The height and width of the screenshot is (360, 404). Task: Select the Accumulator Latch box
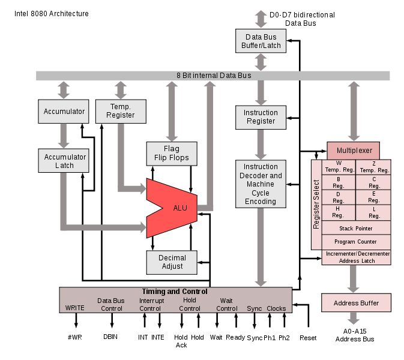tap(64, 161)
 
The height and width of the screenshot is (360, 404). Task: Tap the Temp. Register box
tap(121, 111)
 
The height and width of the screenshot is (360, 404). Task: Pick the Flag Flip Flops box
tap(172, 154)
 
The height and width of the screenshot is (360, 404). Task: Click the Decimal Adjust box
tap(172, 262)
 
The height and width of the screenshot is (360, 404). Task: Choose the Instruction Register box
tap(261, 117)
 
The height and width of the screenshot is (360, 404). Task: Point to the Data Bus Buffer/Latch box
tap(261, 41)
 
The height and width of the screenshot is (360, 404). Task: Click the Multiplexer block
tap(353, 151)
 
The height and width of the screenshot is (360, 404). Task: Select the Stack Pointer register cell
tap(356, 228)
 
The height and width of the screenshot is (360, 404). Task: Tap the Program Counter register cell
tap(356, 242)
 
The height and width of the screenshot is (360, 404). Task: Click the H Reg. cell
tap(339, 212)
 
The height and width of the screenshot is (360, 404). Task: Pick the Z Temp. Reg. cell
tap(373, 167)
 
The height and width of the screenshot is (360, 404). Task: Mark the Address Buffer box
tap(356, 302)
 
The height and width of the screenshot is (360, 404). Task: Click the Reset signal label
tap(308, 338)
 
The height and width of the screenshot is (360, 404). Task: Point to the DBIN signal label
tap(110, 337)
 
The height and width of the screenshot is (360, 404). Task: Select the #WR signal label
tap(74, 337)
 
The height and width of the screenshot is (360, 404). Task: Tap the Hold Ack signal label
tap(181, 341)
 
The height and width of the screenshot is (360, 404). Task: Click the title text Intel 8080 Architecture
tap(51, 14)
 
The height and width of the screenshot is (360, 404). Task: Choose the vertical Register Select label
tap(316, 204)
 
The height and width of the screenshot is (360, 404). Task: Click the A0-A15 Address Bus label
tap(355, 335)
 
